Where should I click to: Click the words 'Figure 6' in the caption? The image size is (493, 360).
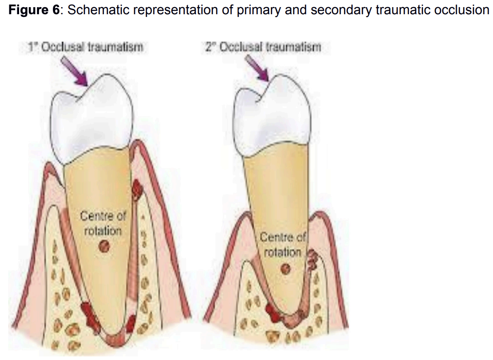34,10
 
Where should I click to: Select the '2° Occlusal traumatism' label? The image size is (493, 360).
263,47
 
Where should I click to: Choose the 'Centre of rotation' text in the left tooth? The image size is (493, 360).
103,223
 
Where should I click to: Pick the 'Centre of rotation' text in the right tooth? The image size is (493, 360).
283,244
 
